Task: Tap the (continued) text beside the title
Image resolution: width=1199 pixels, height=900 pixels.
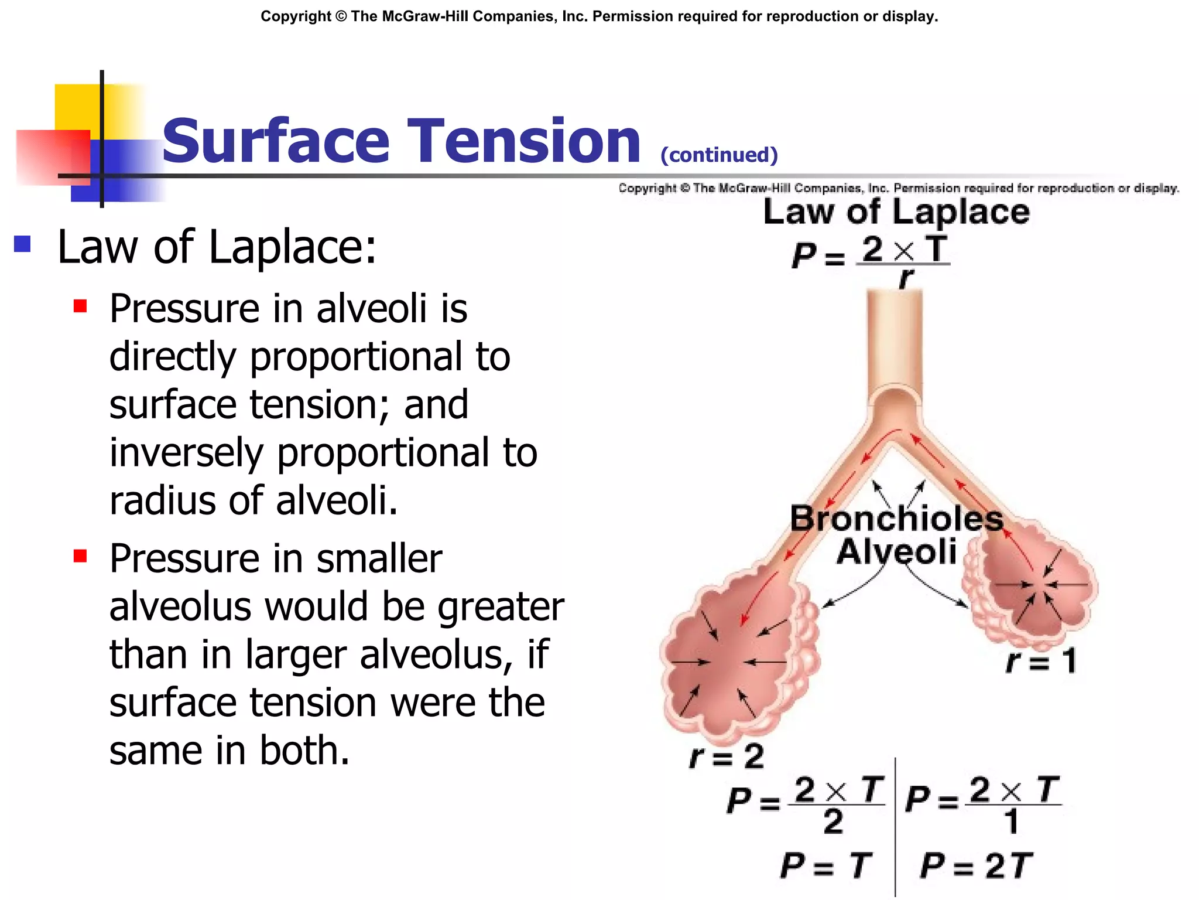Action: coord(719,155)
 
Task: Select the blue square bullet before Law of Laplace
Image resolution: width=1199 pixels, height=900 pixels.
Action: coord(22,244)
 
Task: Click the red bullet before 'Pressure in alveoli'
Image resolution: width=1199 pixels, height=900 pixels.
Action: coord(80,306)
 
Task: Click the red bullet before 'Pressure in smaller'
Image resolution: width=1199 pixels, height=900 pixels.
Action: coord(80,555)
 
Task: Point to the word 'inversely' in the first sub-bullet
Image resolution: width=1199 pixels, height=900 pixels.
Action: coord(186,454)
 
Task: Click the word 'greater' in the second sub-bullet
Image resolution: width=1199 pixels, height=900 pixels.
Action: coord(501,607)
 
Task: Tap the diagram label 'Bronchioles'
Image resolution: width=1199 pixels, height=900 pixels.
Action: coord(896,519)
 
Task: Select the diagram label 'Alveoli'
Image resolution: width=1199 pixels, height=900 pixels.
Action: coord(896,552)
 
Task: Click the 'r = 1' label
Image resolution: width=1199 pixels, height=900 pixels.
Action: coord(1041,661)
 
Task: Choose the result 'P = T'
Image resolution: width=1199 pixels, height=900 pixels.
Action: coord(826,865)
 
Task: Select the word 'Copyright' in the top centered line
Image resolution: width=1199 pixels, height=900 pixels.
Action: coord(296,16)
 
